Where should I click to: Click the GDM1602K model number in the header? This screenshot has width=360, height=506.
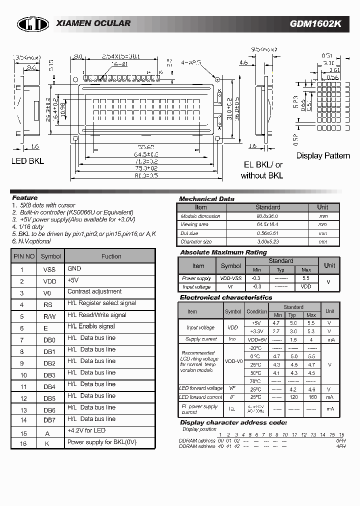click(x=315, y=23)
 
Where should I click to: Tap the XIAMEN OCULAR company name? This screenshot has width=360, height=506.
click(x=93, y=23)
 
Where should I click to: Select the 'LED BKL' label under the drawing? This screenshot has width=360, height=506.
click(x=27, y=161)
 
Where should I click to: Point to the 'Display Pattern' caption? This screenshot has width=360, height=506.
click(x=323, y=155)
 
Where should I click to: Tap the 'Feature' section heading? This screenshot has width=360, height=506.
click(x=24, y=198)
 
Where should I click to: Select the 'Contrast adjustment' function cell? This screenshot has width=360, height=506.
click(x=94, y=291)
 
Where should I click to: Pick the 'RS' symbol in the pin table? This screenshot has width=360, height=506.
click(x=48, y=304)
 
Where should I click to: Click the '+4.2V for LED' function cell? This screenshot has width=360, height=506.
click(x=86, y=430)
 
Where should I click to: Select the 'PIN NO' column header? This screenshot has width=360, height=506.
click(x=23, y=256)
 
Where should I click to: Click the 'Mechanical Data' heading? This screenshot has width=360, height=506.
click(x=206, y=199)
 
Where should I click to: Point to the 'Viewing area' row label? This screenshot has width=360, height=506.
click(x=195, y=225)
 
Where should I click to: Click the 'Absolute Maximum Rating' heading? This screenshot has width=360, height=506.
click(x=223, y=252)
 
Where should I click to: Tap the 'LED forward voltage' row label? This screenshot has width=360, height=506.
click(x=200, y=388)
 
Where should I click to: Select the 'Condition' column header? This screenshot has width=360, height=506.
click(x=257, y=311)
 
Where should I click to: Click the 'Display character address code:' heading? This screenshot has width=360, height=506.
click(x=233, y=422)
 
